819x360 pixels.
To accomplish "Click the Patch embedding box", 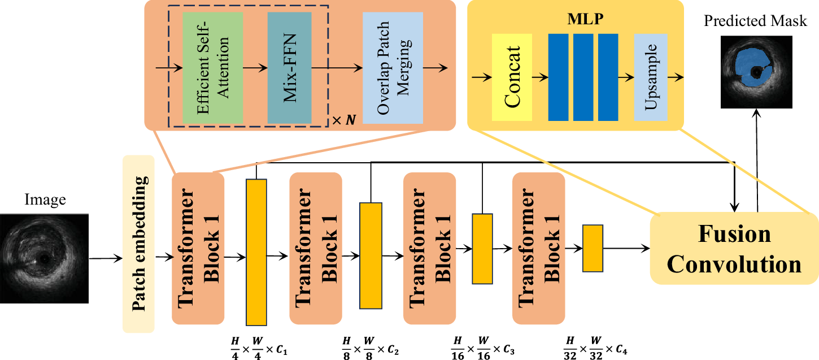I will click(x=138, y=244).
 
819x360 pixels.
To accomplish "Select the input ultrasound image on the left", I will click(x=44, y=258).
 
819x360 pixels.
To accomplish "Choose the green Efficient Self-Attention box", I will click(x=213, y=67).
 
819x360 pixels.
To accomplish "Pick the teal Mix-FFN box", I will click(x=290, y=67).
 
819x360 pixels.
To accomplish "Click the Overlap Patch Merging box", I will click(x=393, y=67).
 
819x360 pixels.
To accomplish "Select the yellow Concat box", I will click(x=512, y=77).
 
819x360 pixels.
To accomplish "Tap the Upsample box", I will click(x=651, y=77).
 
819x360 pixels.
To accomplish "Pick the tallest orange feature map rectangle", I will click(x=256, y=251).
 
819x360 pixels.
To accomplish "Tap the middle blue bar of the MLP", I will click(x=583, y=77).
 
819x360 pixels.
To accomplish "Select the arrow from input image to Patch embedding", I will click(x=106, y=259).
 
